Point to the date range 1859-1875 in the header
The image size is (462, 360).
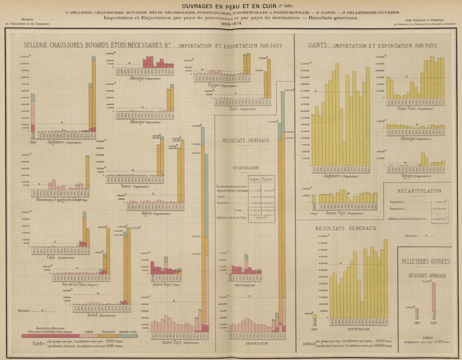coord(231,24)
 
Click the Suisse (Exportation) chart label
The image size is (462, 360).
coord(136,186)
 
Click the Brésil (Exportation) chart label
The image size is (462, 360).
coord(101,315)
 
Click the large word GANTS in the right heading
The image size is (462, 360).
coord(317,45)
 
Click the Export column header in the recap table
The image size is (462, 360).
coord(267,179)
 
